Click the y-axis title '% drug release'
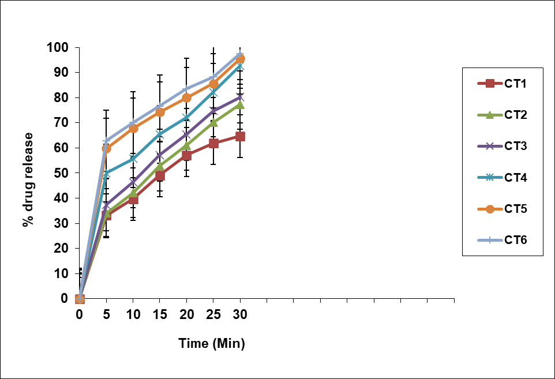pos(28,179)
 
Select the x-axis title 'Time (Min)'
pos(212,344)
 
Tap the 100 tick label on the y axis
pos(58,47)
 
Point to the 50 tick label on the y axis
pos(61,173)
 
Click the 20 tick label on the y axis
pos(61,248)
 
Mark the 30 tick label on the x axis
pos(240,315)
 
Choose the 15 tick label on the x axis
pos(160,315)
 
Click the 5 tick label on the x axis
pos(106,315)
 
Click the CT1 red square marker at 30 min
pos(240,137)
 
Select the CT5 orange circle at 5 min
pos(106,149)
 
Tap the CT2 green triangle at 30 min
pos(240,104)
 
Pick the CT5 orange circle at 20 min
pos(186,98)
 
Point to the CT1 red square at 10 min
pos(133,200)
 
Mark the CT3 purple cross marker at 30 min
pos(240,97)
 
